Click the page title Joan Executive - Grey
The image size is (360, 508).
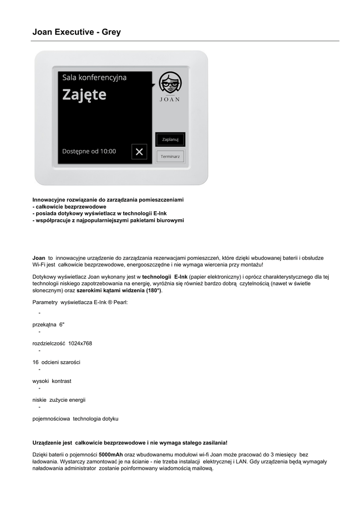pyautogui.click(x=76, y=32)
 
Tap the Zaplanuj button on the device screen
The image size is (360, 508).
pyautogui.click(x=170, y=139)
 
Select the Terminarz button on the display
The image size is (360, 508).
pyautogui.click(x=170, y=156)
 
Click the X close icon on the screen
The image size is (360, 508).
pyautogui.click(x=139, y=152)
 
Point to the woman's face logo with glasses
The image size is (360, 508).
pyautogui.click(x=170, y=82)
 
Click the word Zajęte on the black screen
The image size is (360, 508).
pyautogui.click(x=84, y=94)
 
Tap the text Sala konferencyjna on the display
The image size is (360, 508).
pyautogui.click(x=94, y=77)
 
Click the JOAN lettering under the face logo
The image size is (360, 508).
pyautogui.click(x=170, y=99)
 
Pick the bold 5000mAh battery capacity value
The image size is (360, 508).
pyautogui.click(x=111, y=454)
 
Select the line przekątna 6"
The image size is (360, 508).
pyautogui.click(x=49, y=324)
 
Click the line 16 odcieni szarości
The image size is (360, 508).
pyautogui.click(x=56, y=362)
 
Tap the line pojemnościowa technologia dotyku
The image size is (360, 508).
pyautogui.click(x=75, y=419)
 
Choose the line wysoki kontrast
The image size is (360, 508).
pyautogui.click(x=52, y=381)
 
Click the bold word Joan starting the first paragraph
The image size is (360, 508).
pyautogui.click(x=39, y=258)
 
